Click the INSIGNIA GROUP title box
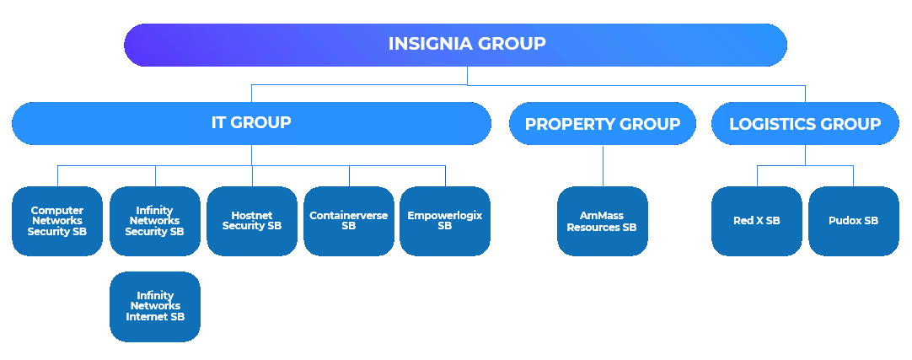(455, 45)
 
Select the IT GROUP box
(251, 123)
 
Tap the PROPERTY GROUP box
(602, 125)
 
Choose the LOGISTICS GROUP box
(804, 125)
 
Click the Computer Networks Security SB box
(57, 221)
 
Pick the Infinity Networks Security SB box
(155, 221)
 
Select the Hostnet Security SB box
(252, 221)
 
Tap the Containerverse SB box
(349, 221)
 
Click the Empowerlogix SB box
(445, 221)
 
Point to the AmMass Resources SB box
(602, 221)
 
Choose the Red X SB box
(757, 221)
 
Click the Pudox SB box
(853, 221)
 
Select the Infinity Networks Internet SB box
(155, 306)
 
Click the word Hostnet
(251, 215)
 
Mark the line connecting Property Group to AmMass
(603, 165)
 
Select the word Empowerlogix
(445, 216)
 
